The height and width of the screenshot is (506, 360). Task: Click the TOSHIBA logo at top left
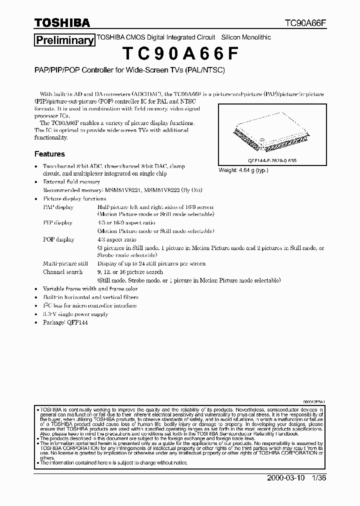coord(62,23)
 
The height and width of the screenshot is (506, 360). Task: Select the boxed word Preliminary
coord(64,40)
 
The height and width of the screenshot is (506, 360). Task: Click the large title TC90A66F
coord(179,54)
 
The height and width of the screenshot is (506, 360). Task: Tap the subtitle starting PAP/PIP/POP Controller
coord(129,70)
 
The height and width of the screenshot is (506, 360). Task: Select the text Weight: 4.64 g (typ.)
coord(243,170)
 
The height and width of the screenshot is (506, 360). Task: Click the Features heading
coord(49,154)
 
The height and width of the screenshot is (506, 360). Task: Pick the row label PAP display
coord(58,207)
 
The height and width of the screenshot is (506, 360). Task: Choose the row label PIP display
coord(57,223)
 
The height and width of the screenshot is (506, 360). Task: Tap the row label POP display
coord(58,239)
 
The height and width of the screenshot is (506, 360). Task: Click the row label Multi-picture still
coord(65,263)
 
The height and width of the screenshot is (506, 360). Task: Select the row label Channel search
coord(62,272)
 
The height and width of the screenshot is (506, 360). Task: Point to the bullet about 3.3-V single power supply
coord(75,314)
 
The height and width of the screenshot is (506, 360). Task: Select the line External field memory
coord(71,182)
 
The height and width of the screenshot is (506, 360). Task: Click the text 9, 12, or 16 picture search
coord(130,272)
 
